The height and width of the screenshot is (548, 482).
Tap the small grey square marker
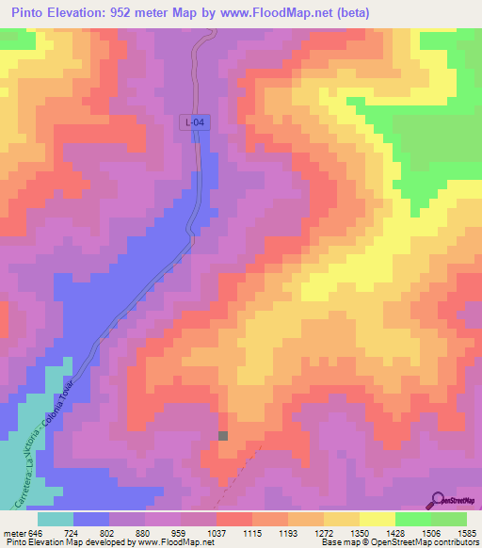click(223, 436)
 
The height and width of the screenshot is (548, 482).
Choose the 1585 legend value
click(466, 534)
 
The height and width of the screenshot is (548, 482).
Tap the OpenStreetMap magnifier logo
click(438, 500)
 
